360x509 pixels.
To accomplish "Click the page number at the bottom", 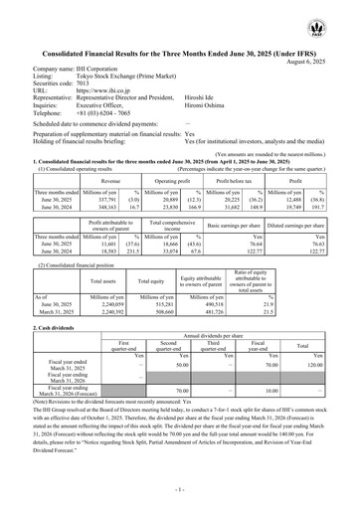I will pyautogui.click(x=180, y=491).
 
